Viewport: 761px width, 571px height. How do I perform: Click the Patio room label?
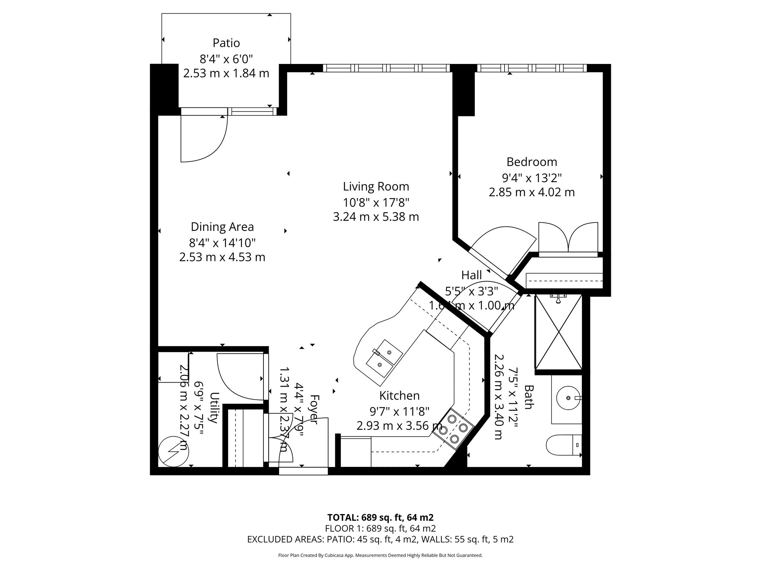point(226,43)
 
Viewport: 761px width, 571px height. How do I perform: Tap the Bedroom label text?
point(532,162)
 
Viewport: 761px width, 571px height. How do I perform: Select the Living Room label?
point(376,186)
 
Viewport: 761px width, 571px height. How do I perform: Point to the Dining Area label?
point(222,227)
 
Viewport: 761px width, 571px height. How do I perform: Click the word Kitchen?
point(399,396)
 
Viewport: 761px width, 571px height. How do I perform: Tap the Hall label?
point(472,275)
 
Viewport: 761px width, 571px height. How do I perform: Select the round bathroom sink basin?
point(568,398)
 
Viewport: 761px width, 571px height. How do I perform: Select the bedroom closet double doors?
point(568,238)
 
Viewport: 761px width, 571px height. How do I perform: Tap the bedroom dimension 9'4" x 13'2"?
point(532,178)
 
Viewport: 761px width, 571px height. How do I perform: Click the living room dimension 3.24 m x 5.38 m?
point(376,217)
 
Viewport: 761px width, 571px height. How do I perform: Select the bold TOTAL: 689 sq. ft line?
point(380,517)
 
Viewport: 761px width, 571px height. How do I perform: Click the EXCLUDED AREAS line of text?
point(380,539)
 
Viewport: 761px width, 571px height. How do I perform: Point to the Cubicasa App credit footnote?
point(380,555)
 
